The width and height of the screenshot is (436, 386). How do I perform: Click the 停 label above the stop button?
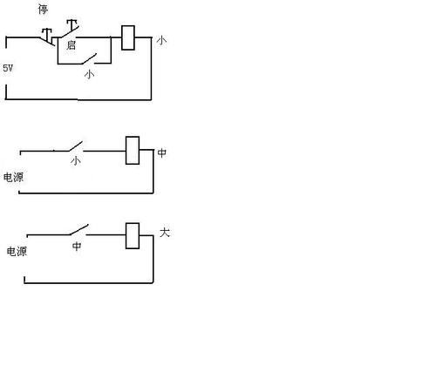tap(43, 10)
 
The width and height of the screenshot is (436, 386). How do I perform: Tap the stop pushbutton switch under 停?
tap(47, 37)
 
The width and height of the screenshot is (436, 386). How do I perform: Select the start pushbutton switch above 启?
tap(69, 29)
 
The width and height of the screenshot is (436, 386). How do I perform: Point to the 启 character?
tap(71, 45)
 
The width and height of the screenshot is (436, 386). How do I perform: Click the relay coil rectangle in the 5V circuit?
tap(128, 37)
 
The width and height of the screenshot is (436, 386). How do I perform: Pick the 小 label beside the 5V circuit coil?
tap(161, 40)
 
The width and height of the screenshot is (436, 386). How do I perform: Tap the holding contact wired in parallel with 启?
tap(89, 59)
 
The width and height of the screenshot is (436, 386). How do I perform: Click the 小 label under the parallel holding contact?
tap(89, 74)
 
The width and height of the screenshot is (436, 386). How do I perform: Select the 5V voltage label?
tap(8, 68)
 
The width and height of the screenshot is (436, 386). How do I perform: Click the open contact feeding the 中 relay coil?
tap(76, 146)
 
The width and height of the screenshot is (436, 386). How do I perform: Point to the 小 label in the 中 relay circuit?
tap(76, 160)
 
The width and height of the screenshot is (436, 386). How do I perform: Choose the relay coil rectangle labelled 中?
tap(133, 151)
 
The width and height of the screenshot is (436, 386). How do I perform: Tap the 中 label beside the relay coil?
tap(162, 152)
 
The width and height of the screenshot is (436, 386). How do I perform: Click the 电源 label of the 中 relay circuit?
tap(13, 178)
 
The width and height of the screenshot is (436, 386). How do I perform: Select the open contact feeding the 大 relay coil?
tap(79, 230)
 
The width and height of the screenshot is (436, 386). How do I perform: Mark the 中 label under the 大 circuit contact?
tap(77, 246)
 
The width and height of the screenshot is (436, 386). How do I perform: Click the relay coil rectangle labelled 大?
tap(133, 236)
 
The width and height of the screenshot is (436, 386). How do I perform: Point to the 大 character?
tap(165, 233)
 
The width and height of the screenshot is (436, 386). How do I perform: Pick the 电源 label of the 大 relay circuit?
tap(17, 252)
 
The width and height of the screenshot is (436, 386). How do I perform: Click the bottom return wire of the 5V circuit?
tap(78, 99)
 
